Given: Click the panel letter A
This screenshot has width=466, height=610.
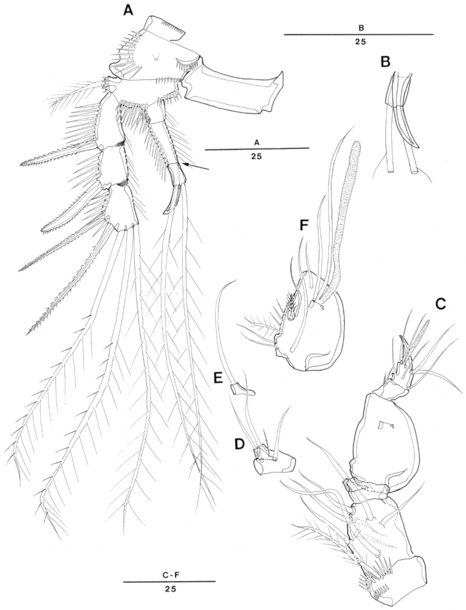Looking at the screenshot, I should point(128,11).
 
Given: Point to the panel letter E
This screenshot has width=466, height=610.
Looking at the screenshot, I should point(219,378).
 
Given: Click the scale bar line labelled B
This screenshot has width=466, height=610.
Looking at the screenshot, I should point(358,34).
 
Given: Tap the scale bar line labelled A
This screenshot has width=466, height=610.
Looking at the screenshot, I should point(257,148).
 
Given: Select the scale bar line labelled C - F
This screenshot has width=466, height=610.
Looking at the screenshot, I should point(169,581).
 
